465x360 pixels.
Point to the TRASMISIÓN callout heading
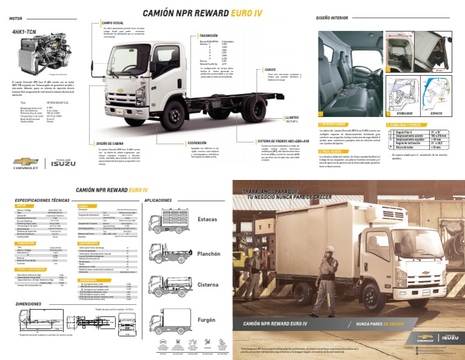[208, 36]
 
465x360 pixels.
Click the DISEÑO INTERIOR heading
[332, 19]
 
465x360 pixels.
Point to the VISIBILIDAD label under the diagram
[397, 113]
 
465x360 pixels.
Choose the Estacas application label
[207, 218]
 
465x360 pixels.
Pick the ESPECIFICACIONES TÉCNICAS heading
[42, 200]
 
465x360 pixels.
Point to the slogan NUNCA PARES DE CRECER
[380, 324]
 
